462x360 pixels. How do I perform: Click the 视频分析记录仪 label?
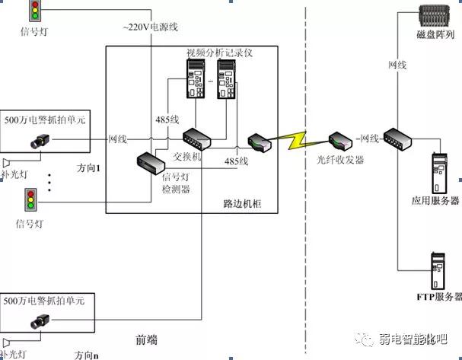coord(219,53)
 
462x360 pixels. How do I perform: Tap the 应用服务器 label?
coord(435,200)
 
